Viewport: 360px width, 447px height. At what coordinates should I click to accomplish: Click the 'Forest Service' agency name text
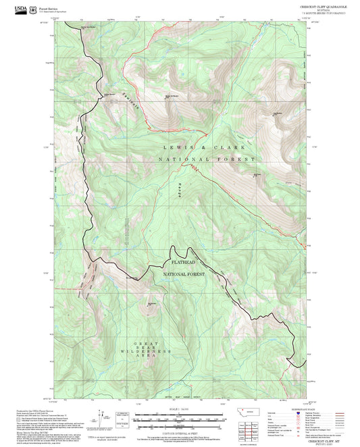point(48,7)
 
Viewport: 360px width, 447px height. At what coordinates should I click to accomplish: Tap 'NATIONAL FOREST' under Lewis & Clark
point(207,159)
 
